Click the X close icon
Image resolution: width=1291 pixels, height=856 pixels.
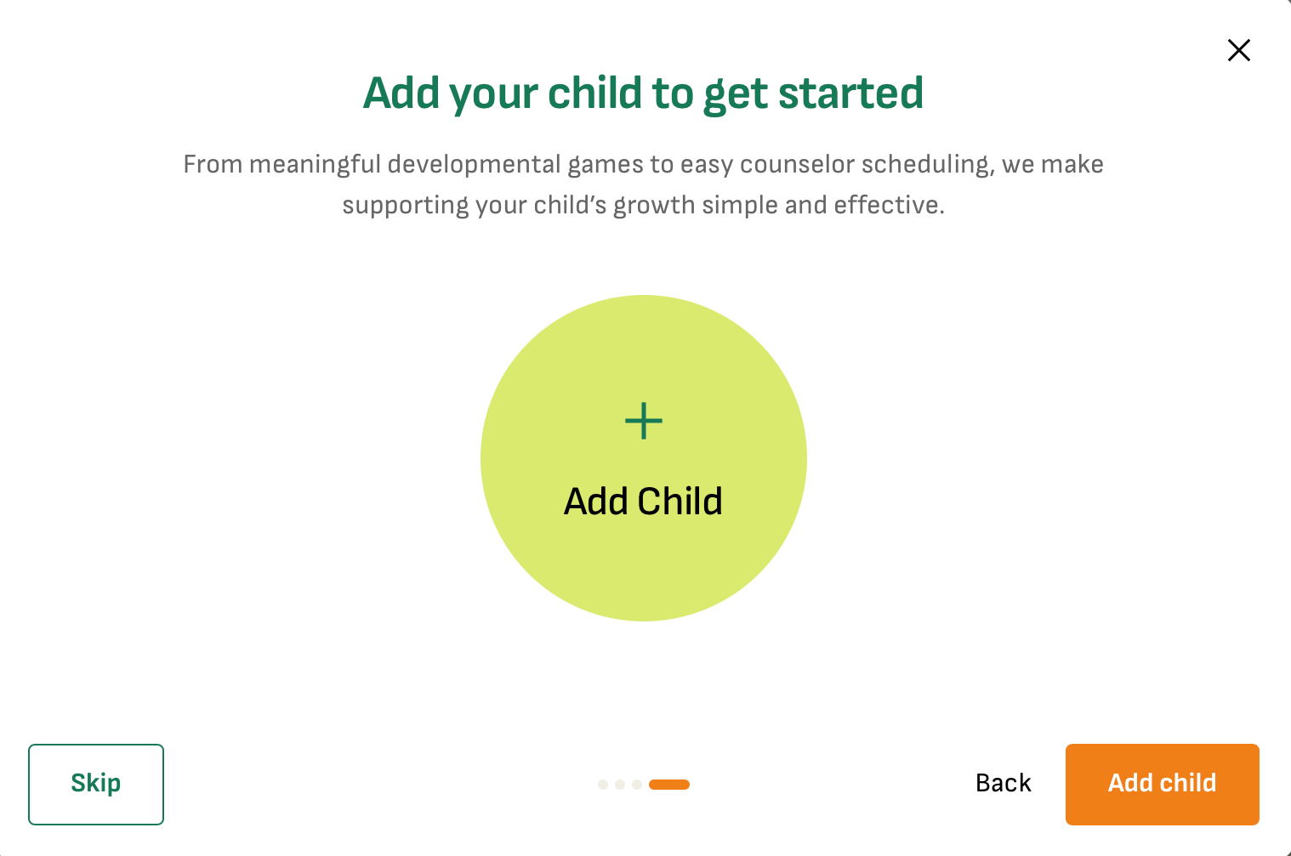(1239, 50)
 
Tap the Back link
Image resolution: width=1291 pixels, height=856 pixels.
(1004, 783)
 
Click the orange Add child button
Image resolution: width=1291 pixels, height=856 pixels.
(1162, 784)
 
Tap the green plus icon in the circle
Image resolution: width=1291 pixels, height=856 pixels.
(644, 422)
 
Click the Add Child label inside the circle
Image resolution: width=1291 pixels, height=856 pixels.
(643, 502)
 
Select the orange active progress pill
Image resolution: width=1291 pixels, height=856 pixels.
(669, 785)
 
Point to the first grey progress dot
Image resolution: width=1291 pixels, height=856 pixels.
(603, 785)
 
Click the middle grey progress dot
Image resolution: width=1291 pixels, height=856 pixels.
(620, 785)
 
